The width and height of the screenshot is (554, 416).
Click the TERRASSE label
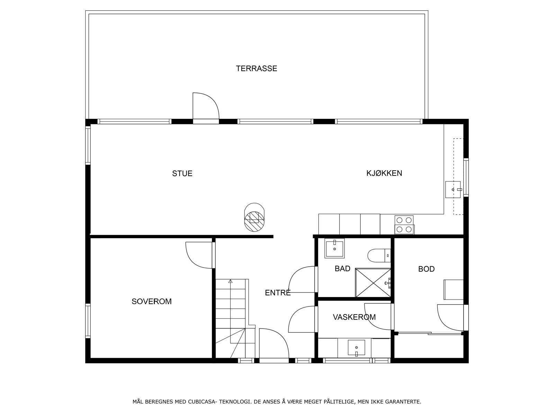click(257, 69)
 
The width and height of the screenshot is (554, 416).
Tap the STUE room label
click(182, 173)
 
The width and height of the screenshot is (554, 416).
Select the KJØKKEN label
click(384, 173)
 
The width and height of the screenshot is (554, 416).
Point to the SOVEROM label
click(151, 302)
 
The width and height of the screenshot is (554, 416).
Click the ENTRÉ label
click(278, 293)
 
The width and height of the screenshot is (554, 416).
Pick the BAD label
click(342, 269)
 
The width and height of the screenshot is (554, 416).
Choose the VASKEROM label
click(354, 317)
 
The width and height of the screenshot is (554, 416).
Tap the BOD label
click(426, 269)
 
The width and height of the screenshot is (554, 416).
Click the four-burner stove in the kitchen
click(404, 225)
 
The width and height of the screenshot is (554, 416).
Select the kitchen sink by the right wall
click(454, 189)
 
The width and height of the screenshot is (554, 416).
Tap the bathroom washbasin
click(334, 249)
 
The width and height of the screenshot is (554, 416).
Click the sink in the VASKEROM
click(356, 348)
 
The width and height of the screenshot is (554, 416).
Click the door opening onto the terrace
click(205, 107)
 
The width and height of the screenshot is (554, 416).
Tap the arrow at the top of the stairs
click(231, 281)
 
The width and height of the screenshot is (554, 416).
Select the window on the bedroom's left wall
click(88, 321)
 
